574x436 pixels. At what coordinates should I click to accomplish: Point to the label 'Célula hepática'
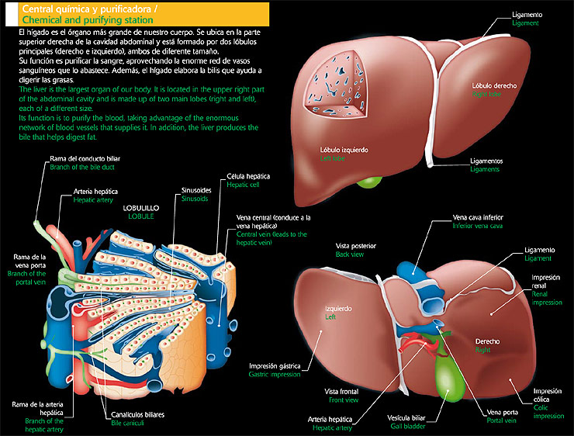pyautogui.click(x=247, y=177)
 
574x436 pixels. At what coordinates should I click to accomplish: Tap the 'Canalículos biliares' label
pyautogui.click(x=137, y=414)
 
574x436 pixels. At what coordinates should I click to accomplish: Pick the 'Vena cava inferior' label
pyautogui.click(x=478, y=217)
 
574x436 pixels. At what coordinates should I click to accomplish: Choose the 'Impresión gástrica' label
pyautogui.click(x=275, y=365)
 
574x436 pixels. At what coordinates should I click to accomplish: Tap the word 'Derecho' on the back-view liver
pyautogui.click(x=486, y=341)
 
